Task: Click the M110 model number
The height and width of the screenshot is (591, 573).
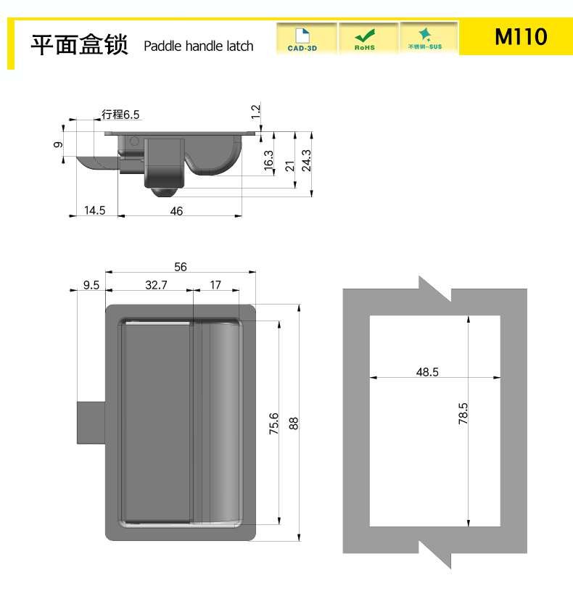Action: [x=521, y=36]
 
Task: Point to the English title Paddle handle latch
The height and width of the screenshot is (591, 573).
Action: [x=198, y=46]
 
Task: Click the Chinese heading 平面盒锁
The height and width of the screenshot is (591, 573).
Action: [x=80, y=45]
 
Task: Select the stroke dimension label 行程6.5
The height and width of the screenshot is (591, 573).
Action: [x=120, y=114]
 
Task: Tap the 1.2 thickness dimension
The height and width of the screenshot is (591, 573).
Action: [x=256, y=112]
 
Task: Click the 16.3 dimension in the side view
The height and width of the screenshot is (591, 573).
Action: [x=268, y=160]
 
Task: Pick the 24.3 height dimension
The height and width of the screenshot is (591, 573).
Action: [x=307, y=160]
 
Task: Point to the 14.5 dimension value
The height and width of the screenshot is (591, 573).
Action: [x=94, y=210]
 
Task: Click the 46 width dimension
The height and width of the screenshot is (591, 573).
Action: [x=176, y=211]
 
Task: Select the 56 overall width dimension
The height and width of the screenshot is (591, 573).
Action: [x=181, y=267]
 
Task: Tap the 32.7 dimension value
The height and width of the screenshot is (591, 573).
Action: [x=156, y=284]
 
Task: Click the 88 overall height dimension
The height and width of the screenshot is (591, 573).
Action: [x=294, y=423]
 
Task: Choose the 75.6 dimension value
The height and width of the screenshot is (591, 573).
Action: [x=273, y=423]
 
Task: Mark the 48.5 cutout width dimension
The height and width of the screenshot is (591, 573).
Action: [x=427, y=372]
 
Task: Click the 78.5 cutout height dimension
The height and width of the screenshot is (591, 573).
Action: [x=463, y=413]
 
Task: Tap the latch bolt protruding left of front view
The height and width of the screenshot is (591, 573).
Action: [x=91, y=423]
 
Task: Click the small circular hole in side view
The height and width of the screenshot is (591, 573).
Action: [x=135, y=141]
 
